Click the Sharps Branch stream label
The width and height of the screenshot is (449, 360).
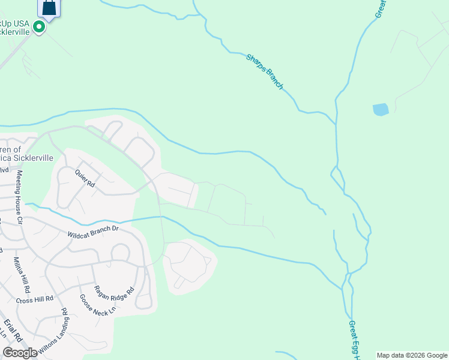264,71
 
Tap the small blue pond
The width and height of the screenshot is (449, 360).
381,109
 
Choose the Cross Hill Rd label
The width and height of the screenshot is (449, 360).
35,298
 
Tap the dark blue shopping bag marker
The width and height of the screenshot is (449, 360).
49,8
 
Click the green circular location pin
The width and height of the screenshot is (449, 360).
40,27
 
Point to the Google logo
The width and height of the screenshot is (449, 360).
20,352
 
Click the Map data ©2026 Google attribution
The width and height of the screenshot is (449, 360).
412,355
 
